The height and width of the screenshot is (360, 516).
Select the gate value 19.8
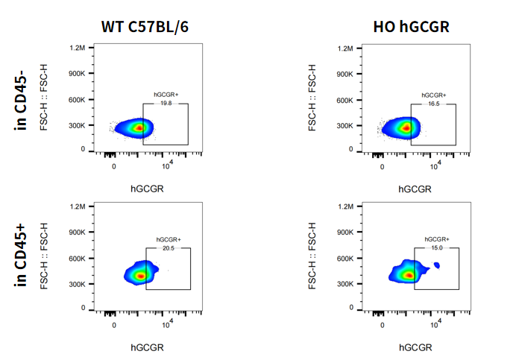pos(166,104)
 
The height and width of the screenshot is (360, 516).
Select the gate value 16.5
pos(433,104)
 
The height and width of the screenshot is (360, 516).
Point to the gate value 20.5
pos(168,248)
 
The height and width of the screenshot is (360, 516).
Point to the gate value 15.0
pos(436,248)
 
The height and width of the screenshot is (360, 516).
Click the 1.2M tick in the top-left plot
pos(78,48)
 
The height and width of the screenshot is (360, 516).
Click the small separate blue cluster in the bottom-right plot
pos(437,265)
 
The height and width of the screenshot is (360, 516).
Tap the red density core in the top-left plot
pos(138,127)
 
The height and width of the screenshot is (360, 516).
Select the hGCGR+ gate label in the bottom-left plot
pos(168,239)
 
